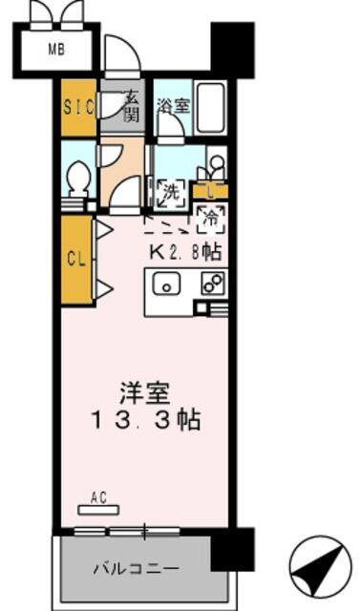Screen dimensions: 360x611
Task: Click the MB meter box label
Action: (x=56, y=50)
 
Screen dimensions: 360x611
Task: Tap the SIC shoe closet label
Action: (x=79, y=107)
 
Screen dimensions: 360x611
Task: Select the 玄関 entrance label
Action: (x=131, y=106)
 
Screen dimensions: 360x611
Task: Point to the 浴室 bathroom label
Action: (x=174, y=106)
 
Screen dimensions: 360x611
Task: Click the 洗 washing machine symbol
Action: (x=171, y=192)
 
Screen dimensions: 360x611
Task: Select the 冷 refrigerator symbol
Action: (x=211, y=220)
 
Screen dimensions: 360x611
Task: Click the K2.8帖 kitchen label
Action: (x=186, y=252)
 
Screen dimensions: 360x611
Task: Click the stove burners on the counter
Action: (x=213, y=283)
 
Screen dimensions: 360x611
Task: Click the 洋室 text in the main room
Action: (x=145, y=394)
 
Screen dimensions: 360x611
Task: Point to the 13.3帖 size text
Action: (x=146, y=421)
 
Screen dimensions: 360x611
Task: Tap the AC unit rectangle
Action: (x=99, y=510)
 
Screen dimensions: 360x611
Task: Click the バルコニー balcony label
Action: (x=136, y=569)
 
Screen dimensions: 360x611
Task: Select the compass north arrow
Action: (x=316, y=567)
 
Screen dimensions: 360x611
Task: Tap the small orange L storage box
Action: (x=211, y=192)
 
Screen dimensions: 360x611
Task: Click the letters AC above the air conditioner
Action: (x=98, y=497)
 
